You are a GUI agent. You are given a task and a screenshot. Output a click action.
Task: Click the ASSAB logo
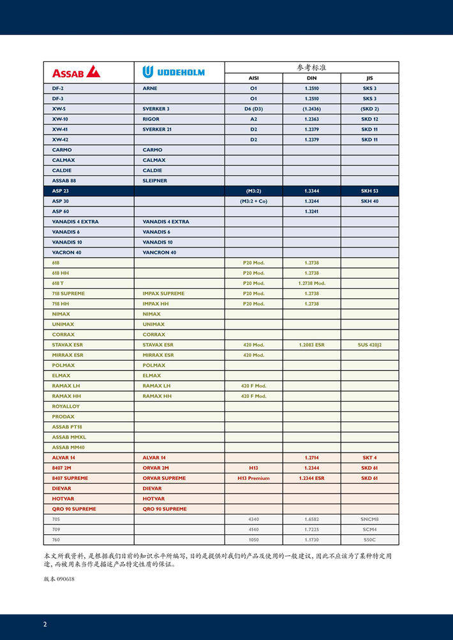pos(76,71)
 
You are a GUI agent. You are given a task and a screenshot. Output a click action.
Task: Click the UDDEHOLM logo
pos(174,71)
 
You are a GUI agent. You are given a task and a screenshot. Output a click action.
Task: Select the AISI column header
pos(253,78)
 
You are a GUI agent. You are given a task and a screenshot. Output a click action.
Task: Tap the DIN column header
pos(311,78)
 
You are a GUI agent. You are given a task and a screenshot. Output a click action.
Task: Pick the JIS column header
pos(369,78)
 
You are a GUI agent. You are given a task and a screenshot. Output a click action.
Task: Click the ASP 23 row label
pos(61,191)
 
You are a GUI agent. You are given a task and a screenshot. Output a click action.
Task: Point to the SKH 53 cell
pos(369,191)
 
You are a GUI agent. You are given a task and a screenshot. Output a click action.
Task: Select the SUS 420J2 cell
pos(369,345)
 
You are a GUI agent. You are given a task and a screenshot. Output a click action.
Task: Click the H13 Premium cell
pos(253,478)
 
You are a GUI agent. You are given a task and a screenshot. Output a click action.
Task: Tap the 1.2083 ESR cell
pos(311,345)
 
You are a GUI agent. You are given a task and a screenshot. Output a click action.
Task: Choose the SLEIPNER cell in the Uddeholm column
pos(155,180)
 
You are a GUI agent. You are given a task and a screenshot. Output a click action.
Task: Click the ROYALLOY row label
pos(66,406)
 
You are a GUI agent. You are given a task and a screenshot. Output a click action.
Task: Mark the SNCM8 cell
pos(369,519)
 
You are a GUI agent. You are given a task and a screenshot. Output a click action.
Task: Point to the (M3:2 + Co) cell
pos(253,201)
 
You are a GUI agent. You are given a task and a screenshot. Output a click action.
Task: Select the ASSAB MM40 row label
pos(68,447)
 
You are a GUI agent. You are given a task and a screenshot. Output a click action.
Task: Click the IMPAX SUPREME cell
pos(163,293)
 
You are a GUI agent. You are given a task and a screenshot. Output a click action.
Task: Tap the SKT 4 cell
pos(369,458)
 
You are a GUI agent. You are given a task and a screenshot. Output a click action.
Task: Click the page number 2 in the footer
pos(45,624)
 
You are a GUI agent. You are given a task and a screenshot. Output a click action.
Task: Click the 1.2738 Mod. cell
pos(311,283)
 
